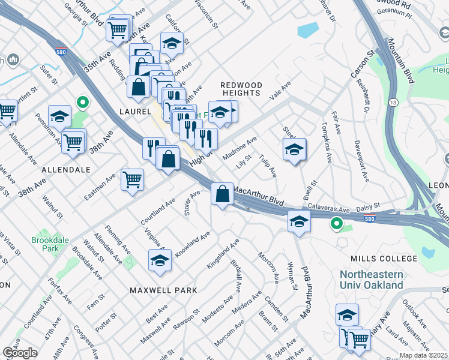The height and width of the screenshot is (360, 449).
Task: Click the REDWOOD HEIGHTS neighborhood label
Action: pyautogui.click(x=241, y=89)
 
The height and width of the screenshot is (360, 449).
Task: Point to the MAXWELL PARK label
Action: pyautogui.click(x=163, y=290)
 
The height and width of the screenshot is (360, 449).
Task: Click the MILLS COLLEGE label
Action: pyautogui.click(x=383, y=259)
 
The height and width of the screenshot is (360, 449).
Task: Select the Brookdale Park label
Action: pyautogui.click(x=46, y=244)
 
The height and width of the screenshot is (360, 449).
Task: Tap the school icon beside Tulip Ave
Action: pyautogui.click(x=294, y=149)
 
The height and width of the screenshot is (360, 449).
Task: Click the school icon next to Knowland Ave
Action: pyautogui.click(x=160, y=260)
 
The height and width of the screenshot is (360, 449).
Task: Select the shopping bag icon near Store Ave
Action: pyautogui.click(x=222, y=194)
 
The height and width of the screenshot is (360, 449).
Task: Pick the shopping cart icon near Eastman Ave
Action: pyautogui.click(x=132, y=179)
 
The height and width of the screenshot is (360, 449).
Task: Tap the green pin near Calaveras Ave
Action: pyautogui.click(x=337, y=224)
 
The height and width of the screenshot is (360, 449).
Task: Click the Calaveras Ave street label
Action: pyautogui.click(x=329, y=210)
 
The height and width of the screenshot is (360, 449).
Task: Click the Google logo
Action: pyautogui.click(x=20, y=353)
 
